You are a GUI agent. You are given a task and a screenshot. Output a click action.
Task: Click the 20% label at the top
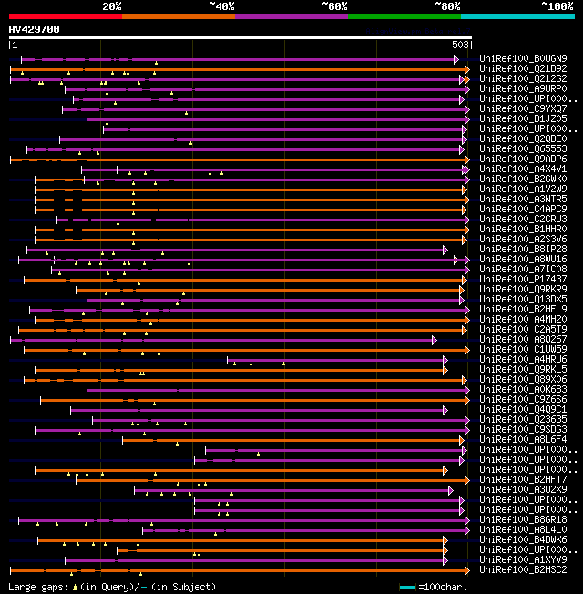(112, 5)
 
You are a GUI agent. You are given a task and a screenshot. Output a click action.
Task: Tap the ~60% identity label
(334, 5)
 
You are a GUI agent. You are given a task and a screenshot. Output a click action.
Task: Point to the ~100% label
(557, 5)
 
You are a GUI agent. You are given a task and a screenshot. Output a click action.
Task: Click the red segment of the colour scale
(65, 15)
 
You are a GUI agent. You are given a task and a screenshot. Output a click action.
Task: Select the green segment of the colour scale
(404, 15)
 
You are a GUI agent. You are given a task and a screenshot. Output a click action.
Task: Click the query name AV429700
(35, 29)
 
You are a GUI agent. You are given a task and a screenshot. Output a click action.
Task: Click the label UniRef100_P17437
(523, 280)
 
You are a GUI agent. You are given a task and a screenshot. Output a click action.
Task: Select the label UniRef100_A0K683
(523, 390)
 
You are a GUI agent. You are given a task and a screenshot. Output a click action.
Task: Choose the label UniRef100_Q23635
(523, 420)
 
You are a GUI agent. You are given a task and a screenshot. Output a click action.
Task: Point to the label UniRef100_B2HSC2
(523, 569)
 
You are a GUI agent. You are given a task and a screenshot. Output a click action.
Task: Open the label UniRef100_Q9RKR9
(523, 290)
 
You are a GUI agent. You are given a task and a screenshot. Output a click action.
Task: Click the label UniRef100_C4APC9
(523, 210)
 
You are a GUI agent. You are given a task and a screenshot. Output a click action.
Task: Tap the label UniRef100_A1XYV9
(523, 559)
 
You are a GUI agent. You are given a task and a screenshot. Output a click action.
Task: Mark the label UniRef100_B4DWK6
(523, 539)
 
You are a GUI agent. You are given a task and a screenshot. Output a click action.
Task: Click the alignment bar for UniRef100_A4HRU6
(337, 360)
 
